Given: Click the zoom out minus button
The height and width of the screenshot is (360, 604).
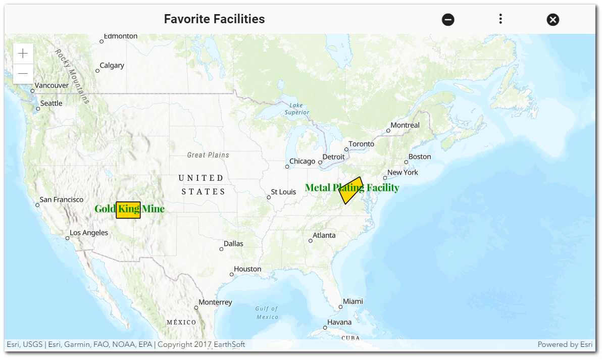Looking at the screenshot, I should tap(23, 74).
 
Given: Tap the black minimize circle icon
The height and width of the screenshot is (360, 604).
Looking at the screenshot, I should tap(448, 20).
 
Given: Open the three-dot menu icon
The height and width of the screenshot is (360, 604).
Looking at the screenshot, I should tap(500, 19).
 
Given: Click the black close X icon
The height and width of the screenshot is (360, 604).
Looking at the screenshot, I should tap(553, 20).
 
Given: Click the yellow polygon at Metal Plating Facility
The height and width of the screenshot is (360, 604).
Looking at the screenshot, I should tap(350, 191).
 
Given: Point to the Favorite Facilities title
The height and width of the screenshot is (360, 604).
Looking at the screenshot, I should tap(214, 19).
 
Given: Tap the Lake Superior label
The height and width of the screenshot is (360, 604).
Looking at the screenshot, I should tap(296, 109).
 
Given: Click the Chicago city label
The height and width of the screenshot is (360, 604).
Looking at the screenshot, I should tap(302, 162).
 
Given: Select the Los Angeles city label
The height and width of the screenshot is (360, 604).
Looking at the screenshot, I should tap(89, 233).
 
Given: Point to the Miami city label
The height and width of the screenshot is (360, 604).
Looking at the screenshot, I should tap(353, 301).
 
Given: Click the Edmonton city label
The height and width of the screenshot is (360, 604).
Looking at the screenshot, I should tap(120, 36).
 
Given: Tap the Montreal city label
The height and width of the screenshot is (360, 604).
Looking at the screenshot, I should tap(405, 125).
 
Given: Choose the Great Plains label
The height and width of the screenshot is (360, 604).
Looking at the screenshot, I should tap(208, 155).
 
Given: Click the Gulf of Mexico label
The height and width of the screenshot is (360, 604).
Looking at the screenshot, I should tap(267, 313).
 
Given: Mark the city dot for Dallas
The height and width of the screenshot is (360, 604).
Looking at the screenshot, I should tap(221, 249).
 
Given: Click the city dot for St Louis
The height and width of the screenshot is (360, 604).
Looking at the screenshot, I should tap(269, 197).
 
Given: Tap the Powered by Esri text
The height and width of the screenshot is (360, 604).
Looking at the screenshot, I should tap(565, 344).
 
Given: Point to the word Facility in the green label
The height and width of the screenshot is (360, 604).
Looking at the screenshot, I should tap(383, 188).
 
